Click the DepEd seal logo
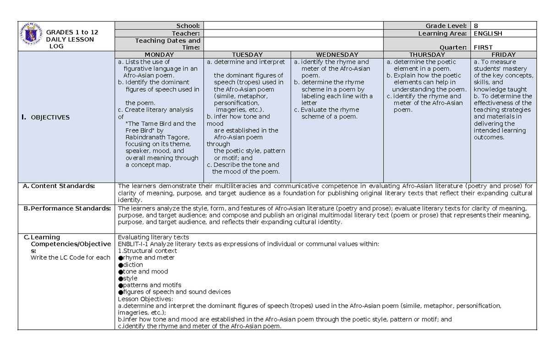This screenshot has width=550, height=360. (31, 36)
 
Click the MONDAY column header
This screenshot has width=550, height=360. (159, 55)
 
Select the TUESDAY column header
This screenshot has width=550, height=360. (247, 55)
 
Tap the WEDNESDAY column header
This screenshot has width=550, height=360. (337, 55)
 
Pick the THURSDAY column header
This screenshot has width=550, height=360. (427, 55)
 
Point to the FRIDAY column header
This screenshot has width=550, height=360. (503, 55)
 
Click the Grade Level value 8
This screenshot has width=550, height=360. (476, 26)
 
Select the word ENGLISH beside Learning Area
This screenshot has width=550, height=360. (488, 33)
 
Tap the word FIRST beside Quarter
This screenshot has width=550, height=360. (483, 47)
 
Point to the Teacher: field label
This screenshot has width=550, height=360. (186, 33)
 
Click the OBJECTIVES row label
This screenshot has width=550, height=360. (49, 117)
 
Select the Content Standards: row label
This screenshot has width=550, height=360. (63, 186)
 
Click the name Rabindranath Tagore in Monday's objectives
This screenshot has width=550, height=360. (151, 137)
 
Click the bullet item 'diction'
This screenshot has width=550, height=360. (133, 265)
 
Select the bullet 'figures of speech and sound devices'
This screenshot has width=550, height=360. (177, 292)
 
